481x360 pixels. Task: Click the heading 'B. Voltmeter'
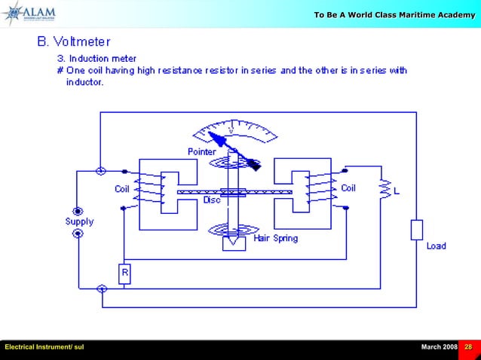75,41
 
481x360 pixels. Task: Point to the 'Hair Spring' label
275,238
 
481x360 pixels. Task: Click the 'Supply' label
79,221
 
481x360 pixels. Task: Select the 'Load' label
436,246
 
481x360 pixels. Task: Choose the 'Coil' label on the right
348,188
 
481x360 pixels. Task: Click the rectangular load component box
415,230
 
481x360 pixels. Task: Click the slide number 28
468,346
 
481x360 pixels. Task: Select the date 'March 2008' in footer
439,346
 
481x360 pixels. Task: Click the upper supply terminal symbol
77,210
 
